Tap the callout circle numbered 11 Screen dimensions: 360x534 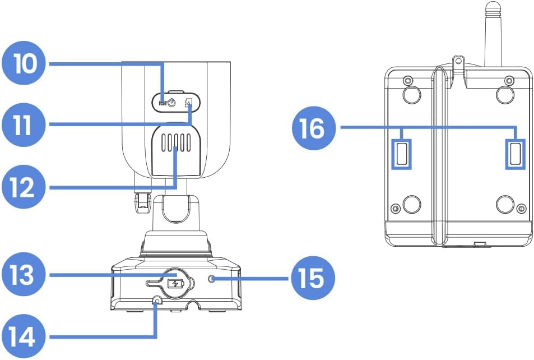[x=25, y=124]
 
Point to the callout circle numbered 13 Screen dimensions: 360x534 [x=25, y=275]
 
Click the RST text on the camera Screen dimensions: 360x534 [x=162, y=103]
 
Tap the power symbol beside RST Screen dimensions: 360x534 [x=172, y=103]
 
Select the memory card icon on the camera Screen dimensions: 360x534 [x=189, y=103]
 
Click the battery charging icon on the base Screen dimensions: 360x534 [x=175, y=283]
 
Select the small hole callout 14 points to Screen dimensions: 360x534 [x=156, y=301]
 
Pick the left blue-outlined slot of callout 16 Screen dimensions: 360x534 [x=402, y=153]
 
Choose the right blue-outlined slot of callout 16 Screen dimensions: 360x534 [x=516, y=153]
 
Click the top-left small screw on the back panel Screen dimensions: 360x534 [x=407, y=79]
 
